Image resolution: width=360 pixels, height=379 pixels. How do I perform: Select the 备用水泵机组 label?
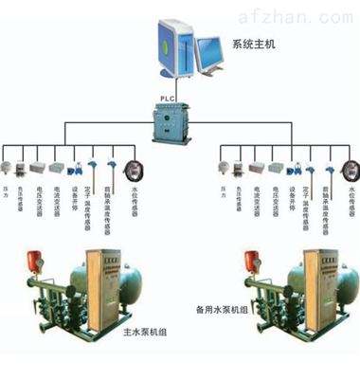point(223,309)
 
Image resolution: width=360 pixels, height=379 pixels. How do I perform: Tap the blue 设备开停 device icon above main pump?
point(73,170)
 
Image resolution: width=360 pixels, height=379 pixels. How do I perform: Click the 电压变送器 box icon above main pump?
point(38,168)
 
